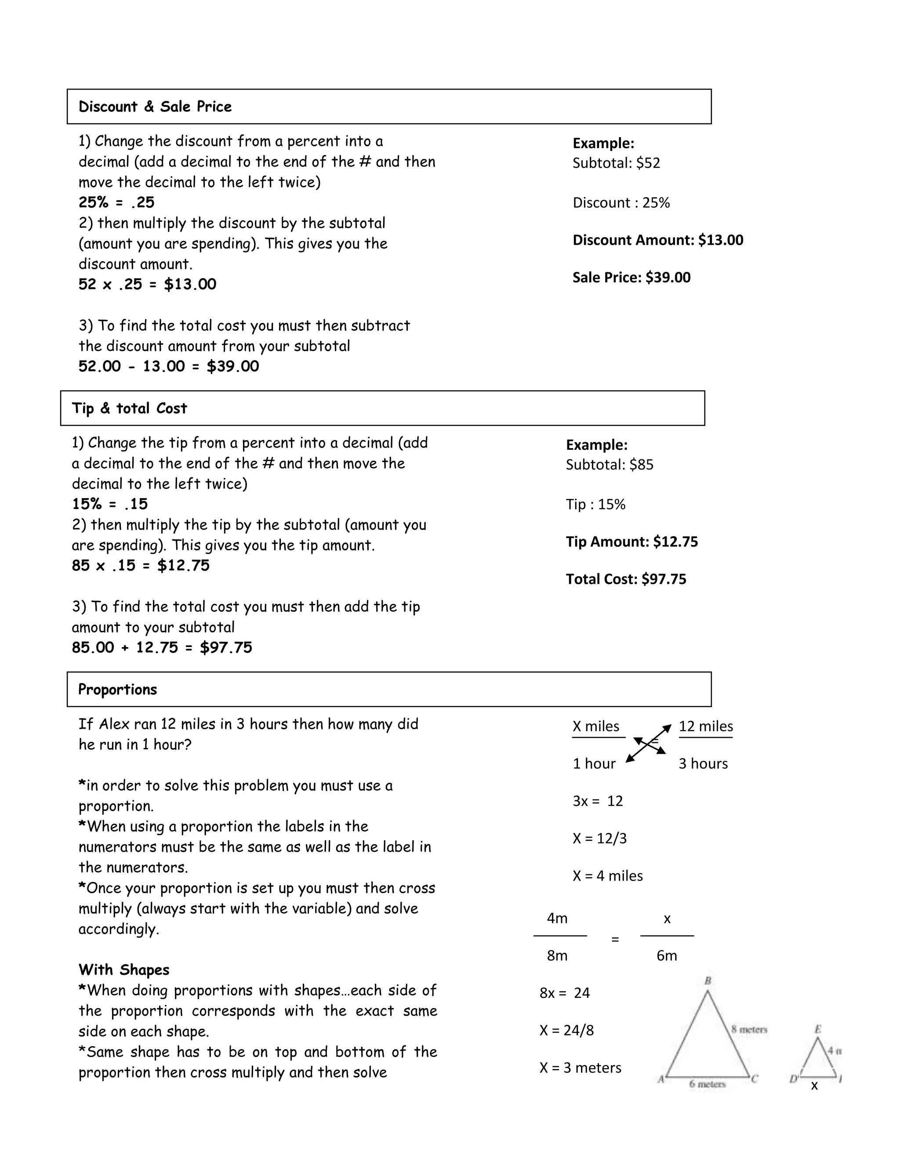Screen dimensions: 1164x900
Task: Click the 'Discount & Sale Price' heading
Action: [155, 107]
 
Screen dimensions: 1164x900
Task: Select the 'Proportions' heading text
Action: [117, 689]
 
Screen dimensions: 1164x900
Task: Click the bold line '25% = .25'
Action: [116, 202]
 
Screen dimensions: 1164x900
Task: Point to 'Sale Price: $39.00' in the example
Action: [631, 277]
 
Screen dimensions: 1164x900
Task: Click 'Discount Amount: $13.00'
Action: [657, 240]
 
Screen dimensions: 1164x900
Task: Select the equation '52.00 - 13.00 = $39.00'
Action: [168, 366]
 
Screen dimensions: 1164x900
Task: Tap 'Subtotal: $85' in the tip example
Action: [610, 465]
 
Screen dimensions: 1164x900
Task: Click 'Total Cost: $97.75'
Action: [626, 579]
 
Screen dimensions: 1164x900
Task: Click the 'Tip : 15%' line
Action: [595, 504]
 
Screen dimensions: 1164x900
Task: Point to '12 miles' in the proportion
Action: [705, 726]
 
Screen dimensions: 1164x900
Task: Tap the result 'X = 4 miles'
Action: [607, 876]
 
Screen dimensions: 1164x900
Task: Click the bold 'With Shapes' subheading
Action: [123, 969]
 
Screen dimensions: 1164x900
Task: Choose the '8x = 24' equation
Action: [565, 993]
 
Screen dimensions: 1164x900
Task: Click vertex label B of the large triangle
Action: [708, 981]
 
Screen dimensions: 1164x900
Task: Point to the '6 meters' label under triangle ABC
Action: [707, 1084]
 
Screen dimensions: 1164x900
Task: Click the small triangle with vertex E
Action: [817, 1059]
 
